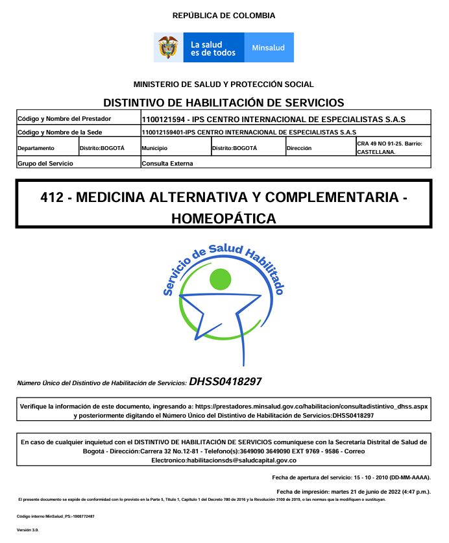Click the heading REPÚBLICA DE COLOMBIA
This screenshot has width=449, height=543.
224,16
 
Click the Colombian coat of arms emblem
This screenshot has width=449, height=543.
168,47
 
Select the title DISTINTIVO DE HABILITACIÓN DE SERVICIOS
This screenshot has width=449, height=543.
224,103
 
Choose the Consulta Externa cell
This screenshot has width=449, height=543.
167,163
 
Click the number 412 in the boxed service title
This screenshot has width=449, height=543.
52,197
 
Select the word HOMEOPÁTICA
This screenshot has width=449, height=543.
224,219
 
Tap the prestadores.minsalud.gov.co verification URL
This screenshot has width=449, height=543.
311,405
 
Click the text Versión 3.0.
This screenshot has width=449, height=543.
28,531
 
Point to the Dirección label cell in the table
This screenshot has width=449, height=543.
299,148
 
